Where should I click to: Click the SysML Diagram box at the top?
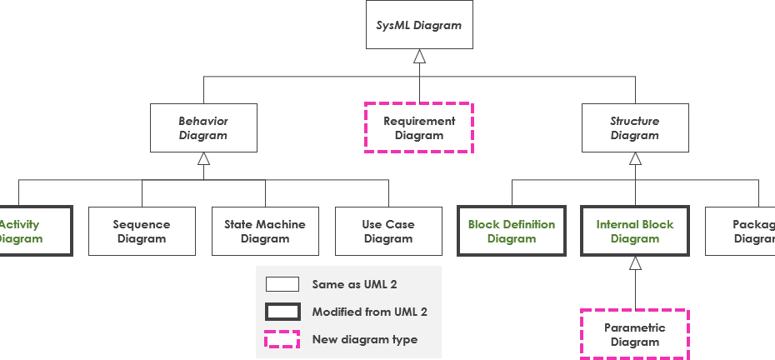pyautogui.click(x=419, y=25)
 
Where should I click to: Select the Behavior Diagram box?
pyautogui.click(x=203, y=128)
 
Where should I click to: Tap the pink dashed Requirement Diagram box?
pyautogui.click(x=419, y=128)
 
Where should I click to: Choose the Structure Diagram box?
pyautogui.click(x=635, y=128)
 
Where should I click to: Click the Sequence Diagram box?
pyautogui.click(x=142, y=231)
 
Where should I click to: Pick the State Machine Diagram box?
pyautogui.click(x=265, y=231)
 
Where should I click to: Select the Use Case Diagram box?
pyautogui.click(x=388, y=231)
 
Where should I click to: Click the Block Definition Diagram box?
pyautogui.click(x=512, y=231)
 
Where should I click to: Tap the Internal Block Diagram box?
pyautogui.click(x=635, y=231)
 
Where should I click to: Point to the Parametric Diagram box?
pyautogui.click(x=635, y=334)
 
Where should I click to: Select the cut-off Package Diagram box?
pyautogui.click(x=742, y=231)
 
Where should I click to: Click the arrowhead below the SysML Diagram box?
pyautogui.click(x=419, y=57)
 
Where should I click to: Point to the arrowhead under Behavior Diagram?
pyautogui.click(x=203, y=159)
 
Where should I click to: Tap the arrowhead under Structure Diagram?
pyautogui.click(x=635, y=159)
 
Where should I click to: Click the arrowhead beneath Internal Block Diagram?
pyautogui.click(x=635, y=262)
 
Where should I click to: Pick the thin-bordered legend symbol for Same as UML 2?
pyautogui.click(x=282, y=284)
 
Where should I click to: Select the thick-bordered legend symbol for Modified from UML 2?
pyautogui.click(x=282, y=312)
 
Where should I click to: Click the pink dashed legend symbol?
pyautogui.click(x=282, y=339)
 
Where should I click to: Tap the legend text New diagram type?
pyautogui.click(x=365, y=339)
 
